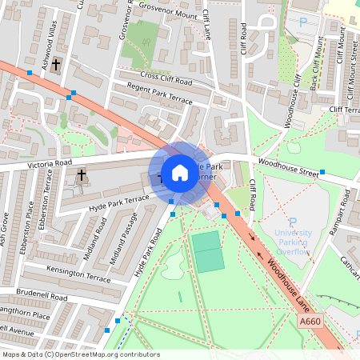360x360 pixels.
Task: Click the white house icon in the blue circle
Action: pyautogui.click(x=180, y=173)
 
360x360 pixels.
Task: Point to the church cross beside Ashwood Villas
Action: pyautogui.click(x=55, y=65)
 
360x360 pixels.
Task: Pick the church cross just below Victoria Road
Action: pyautogui.click(x=81, y=174)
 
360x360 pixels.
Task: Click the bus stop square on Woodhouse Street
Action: pyautogui.click(x=322, y=172)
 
